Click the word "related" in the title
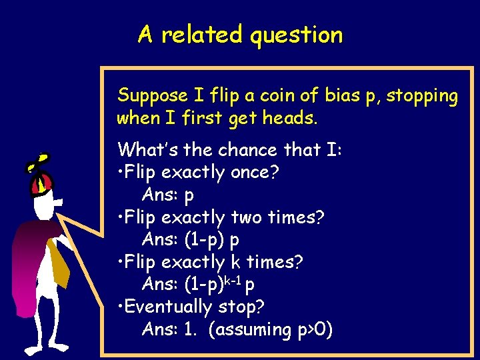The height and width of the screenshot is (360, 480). coord(203,34)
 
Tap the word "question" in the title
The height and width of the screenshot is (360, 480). coord(297,35)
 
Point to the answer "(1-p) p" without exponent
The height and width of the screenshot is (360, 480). coord(211,240)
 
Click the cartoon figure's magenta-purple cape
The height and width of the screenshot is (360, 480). coord(27,267)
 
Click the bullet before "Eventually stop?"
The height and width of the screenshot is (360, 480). coord(119,307)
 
